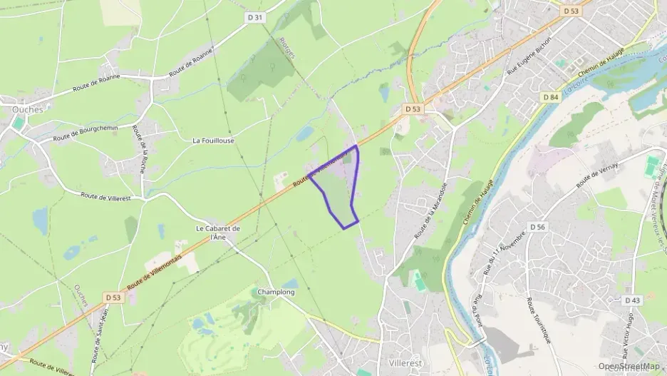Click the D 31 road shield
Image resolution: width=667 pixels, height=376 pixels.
click(x=258, y=17)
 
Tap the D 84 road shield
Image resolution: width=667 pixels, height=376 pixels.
click(x=549, y=97)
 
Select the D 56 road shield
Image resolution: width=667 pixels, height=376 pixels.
click(x=537, y=226)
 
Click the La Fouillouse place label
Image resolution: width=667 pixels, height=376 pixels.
click(x=213, y=141)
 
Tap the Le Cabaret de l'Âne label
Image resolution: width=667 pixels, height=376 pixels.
click(x=218, y=233)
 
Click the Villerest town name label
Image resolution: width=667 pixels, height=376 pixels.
click(x=401, y=363)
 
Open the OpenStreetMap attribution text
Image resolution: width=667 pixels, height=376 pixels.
click(x=629, y=366)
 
